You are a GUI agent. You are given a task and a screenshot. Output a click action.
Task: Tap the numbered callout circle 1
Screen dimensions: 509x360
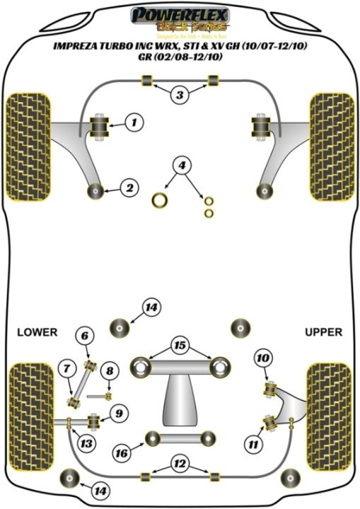pos(134,122)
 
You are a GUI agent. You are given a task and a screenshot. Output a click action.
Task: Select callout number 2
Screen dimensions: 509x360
pos(129,188)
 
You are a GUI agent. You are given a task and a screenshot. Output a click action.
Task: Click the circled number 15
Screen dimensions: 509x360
pos(179,345)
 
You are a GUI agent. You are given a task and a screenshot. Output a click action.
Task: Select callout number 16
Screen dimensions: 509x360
pos(122,453)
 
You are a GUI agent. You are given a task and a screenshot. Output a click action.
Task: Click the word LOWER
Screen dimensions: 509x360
pos(37,332)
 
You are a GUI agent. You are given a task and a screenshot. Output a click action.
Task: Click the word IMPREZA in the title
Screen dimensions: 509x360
pos(77,47)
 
